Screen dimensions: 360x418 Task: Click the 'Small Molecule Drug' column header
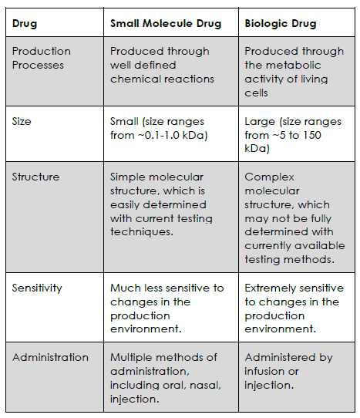pos(166,23)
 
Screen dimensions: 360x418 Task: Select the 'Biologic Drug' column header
pos(281,23)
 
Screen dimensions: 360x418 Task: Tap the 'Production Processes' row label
pos(42,58)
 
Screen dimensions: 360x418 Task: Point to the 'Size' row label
pos(22,121)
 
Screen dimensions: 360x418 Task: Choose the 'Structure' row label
pos(35,177)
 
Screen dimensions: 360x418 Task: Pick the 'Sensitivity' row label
pos(37,288)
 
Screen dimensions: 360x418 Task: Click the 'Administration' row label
pos(50,357)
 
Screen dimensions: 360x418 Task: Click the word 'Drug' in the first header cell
pos(25,23)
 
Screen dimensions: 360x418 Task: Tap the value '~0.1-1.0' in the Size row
pos(159,135)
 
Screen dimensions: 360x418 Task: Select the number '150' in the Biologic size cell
pos(311,135)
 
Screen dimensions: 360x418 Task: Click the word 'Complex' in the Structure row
pos(269,177)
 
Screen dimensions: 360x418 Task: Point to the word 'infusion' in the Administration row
pos(265,371)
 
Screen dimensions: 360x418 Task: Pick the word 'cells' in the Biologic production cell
pos(256,93)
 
